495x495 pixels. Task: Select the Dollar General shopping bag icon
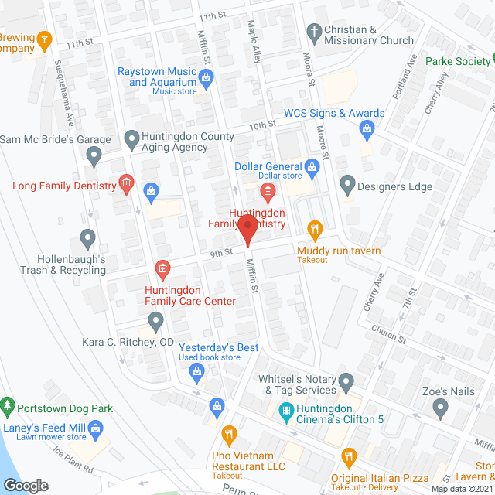pos(312,166)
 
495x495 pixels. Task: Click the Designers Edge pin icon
pos(347,186)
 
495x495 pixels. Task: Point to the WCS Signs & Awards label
pos(334,113)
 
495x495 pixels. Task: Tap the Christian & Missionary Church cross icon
pos(313,32)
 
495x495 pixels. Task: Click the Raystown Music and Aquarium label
pos(156,77)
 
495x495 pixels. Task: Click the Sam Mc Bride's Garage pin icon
pos(94,158)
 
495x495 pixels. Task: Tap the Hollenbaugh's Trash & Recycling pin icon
pos(87,237)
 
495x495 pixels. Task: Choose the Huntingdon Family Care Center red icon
pos(162,269)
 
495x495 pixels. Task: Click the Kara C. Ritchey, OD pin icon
pos(155,320)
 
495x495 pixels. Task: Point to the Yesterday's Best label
pos(219,347)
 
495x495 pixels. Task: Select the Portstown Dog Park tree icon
pos(8,405)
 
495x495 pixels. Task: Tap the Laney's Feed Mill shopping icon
pos(96,428)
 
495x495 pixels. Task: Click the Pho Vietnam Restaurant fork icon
pos(228,433)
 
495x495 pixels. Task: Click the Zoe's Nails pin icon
pos(440,407)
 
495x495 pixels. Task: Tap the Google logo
pos(26,485)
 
